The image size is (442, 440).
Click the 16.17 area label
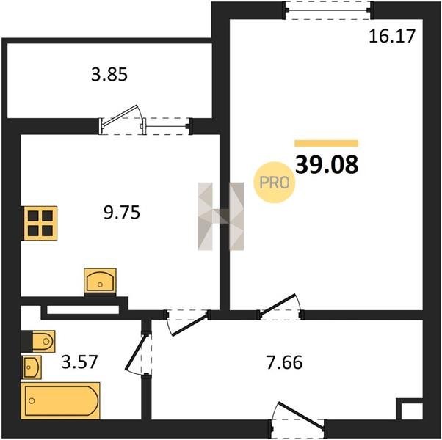point(392,37)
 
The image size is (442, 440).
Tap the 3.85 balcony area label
point(109,75)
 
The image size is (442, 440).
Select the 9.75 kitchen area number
point(122,212)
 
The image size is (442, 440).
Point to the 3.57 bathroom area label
point(79,362)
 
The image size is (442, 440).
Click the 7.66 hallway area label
point(284,362)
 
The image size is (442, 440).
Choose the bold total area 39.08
point(327,165)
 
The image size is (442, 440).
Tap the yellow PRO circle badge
point(275,182)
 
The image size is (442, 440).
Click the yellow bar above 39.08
point(327,143)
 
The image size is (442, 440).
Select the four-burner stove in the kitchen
point(40,223)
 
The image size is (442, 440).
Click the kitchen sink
point(100,281)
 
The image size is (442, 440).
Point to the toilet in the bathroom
point(39,341)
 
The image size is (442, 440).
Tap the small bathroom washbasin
point(32,367)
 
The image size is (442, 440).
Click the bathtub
point(60,400)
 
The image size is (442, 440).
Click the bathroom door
point(138,353)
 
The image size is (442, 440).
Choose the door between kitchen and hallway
point(187,323)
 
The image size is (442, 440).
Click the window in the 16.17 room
point(328,10)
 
